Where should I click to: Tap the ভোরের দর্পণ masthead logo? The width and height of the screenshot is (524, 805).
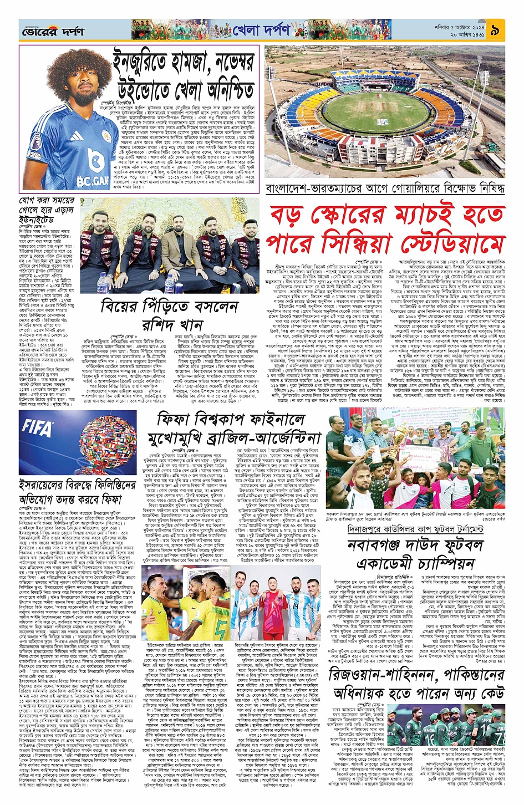53,32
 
